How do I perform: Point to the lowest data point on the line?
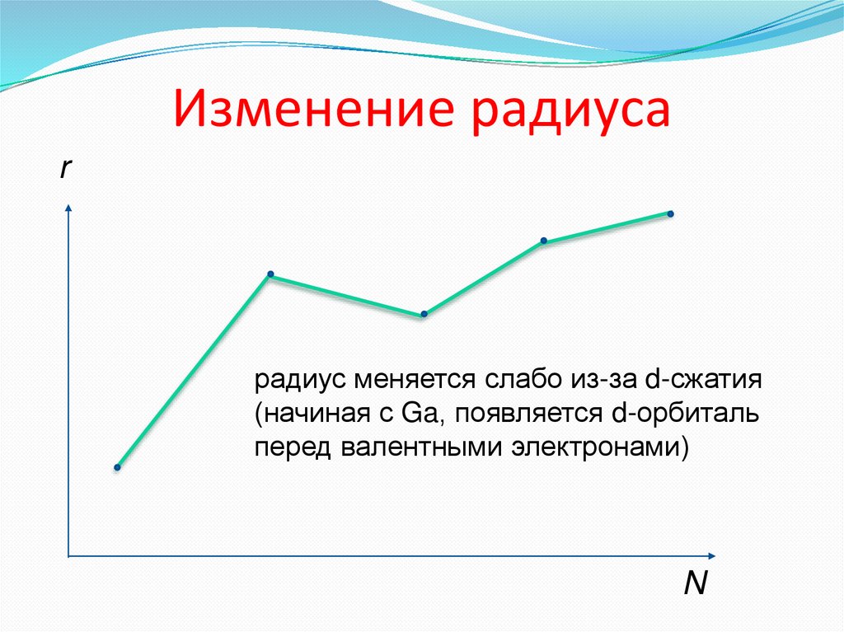pos(117,468)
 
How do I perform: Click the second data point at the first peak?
pos(270,274)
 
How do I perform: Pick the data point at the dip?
pos(424,314)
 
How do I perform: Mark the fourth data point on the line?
pos(544,241)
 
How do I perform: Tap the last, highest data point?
pos(670,214)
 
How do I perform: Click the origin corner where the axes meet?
pos(68,558)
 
